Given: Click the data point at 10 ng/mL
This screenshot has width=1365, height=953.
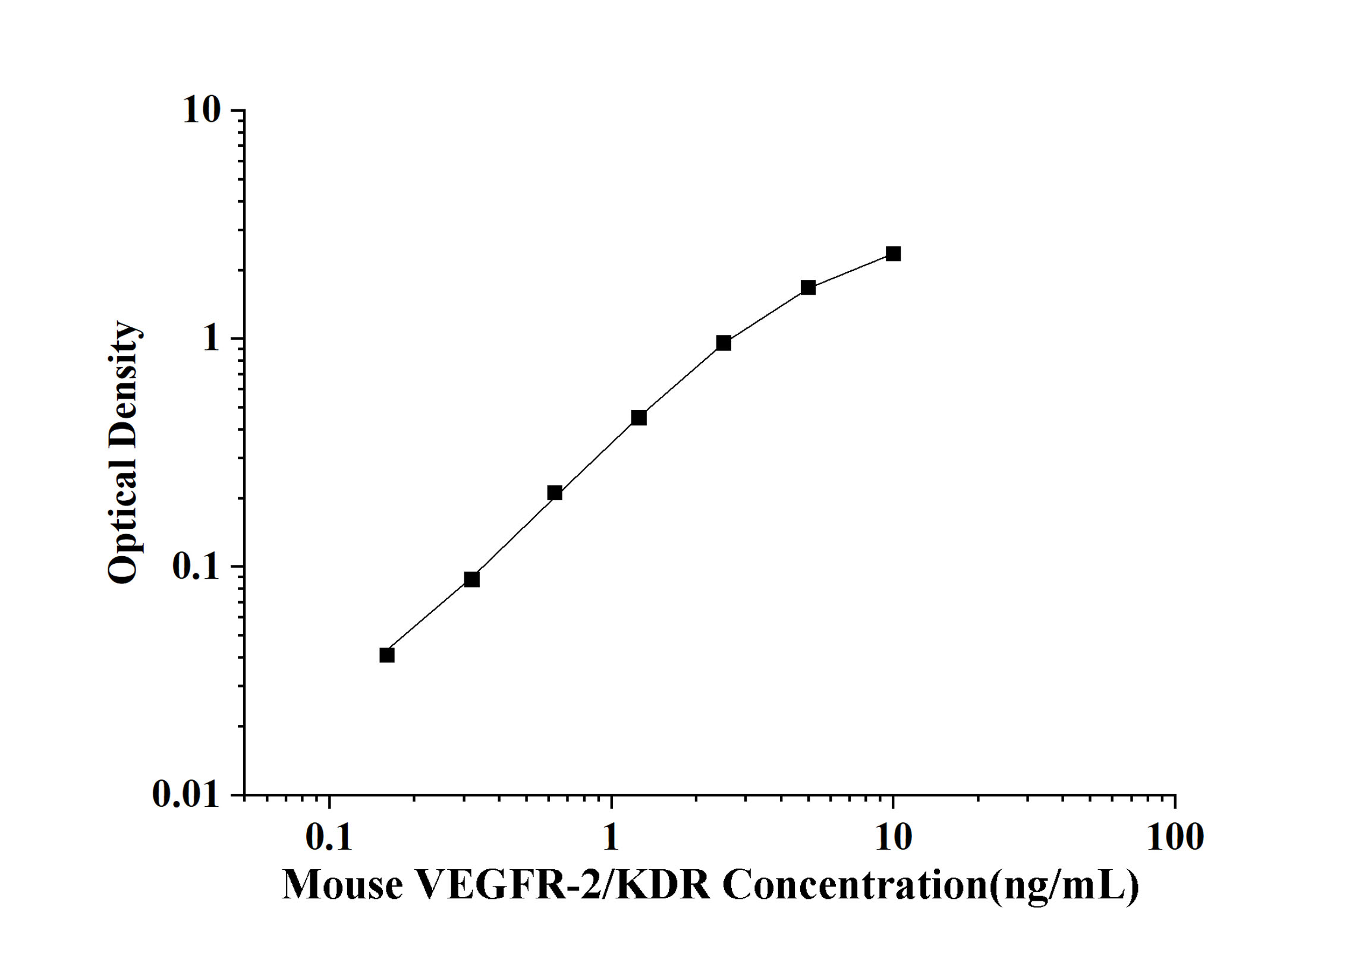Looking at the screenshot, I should point(893,254).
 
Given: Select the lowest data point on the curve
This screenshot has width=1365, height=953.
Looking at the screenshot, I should point(387,655).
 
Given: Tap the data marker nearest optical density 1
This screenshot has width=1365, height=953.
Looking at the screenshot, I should point(724,343).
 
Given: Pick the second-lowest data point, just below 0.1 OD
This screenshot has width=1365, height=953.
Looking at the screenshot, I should point(471,579).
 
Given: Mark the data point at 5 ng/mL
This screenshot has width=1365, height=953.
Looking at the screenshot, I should point(808,288).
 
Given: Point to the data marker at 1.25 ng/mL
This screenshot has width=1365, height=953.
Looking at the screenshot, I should point(639,418).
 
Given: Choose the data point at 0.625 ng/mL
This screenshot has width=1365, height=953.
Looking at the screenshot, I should point(555,493).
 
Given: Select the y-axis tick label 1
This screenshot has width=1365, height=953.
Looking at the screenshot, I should point(211,339).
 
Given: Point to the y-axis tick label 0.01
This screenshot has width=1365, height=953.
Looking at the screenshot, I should point(186,794).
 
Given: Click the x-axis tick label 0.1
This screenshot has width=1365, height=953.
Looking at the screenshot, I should point(329,838).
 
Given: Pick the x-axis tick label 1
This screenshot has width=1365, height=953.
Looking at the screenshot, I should point(611,838).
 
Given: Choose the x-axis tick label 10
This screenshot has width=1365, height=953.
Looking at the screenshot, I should point(893,838).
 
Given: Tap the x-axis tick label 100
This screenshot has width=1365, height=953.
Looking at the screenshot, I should point(1175,838).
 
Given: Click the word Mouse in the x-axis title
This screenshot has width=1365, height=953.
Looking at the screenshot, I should point(342,885).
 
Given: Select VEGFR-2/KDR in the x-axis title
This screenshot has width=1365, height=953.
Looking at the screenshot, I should point(564,885).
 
